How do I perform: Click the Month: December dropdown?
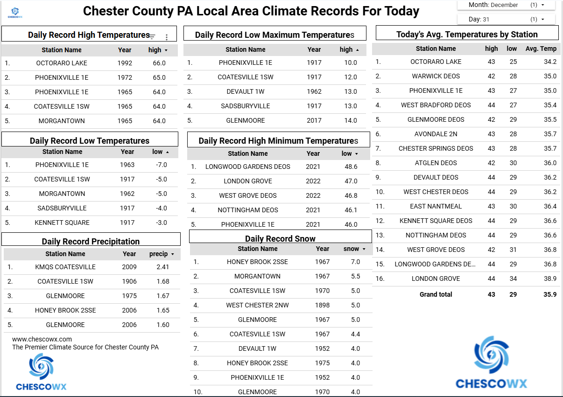point(506,5)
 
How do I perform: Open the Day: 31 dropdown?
point(506,19)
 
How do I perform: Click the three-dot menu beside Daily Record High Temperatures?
point(167,37)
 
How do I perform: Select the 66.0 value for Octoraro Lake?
point(159,63)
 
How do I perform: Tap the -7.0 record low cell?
point(161,165)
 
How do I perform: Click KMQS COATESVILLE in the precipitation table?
point(65,267)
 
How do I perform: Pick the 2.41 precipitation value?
point(163,267)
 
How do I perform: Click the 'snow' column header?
point(352,249)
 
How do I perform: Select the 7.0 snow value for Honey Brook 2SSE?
point(355,262)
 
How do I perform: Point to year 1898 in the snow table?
point(322,305)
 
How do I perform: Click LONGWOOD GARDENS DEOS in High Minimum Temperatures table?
point(248,167)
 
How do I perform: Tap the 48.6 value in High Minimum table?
point(351,167)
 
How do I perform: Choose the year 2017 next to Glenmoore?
point(314,120)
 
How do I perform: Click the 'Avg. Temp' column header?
point(541,48)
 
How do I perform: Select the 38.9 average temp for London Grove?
point(550,279)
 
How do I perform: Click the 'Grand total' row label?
point(436,294)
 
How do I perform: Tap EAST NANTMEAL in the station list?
point(436,206)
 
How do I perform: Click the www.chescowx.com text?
point(42,339)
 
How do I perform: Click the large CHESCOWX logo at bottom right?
point(491,364)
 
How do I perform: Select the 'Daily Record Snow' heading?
point(280,238)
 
